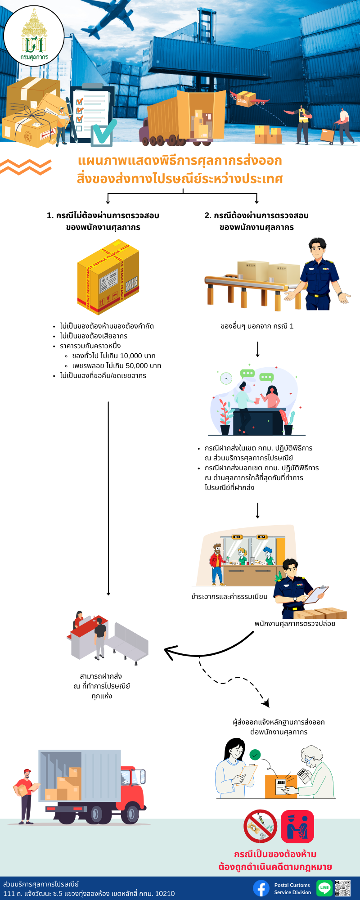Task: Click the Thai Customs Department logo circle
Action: pos(34,36)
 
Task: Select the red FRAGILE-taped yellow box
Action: pos(108,277)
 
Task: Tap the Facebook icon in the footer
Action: pos(261,888)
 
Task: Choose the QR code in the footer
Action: pos(342,888)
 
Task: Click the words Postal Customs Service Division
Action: pos(292,889)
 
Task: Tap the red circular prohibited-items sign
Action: pos(260,826)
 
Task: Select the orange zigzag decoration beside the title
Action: pos(26,167)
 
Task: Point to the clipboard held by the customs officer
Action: pos(316,595)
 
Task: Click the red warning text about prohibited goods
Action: pos(275,860)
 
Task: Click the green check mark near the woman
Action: pos(255,755)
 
